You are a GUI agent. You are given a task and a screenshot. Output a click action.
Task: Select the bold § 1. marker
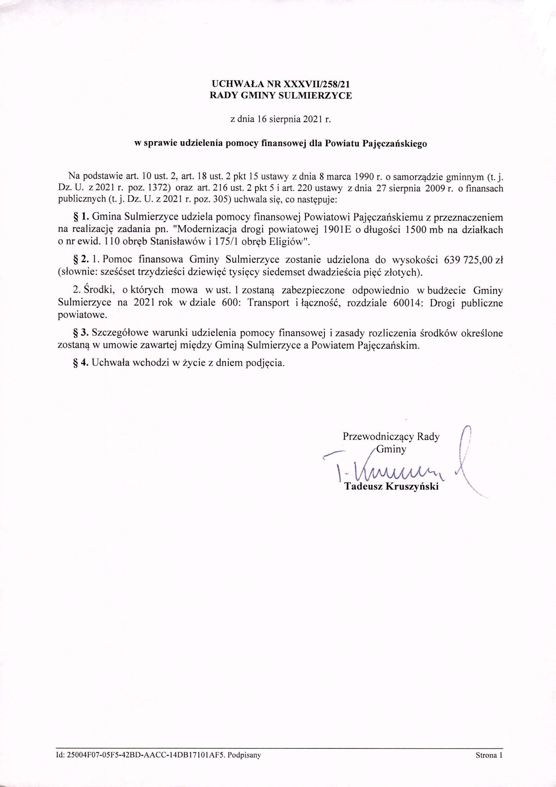tap(81, 217)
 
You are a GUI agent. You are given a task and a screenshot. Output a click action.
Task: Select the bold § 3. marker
tap(81, 333)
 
